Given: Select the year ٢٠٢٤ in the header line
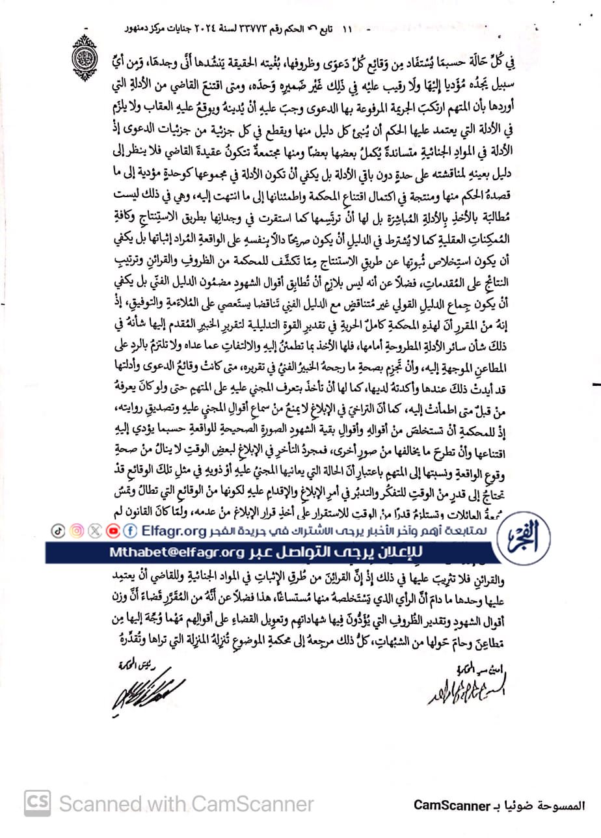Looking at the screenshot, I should [x=194, y=31].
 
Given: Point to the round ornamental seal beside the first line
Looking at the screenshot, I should [x=86, y=58].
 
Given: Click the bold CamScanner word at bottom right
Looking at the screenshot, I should [x=451, y=805].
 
